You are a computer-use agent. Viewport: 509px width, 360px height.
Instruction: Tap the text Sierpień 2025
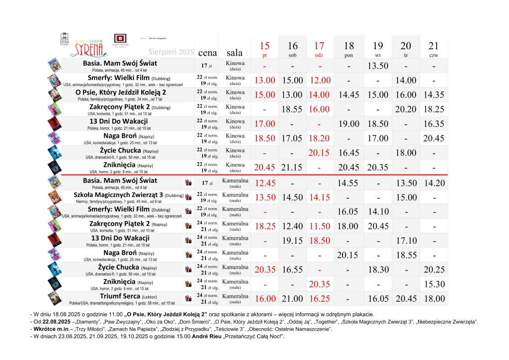[x=170, y=52]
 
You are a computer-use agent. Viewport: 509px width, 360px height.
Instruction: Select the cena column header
[x=207, y=52]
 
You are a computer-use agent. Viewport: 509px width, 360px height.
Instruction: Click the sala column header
[x=235, y=52]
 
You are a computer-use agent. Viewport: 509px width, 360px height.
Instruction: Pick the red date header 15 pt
[x=264, y=49]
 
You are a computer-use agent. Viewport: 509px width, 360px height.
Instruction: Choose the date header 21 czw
[x=433, y=49]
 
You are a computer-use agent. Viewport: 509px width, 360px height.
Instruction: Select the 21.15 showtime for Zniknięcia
[x=293, y=167]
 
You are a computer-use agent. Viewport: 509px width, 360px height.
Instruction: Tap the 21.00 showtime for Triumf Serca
[x=293, y=299]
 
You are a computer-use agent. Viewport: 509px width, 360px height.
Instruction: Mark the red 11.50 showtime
[x=321, y=226]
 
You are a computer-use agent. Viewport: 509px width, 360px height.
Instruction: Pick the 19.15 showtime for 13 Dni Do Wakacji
[x=293, y=241]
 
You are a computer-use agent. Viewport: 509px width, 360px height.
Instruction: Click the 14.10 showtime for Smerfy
[x=377, y=212]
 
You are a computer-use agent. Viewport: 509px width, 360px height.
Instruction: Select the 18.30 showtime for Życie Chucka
[x=377, y=270]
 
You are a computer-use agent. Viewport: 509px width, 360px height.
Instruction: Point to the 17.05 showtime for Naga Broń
[x=293, y=138]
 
